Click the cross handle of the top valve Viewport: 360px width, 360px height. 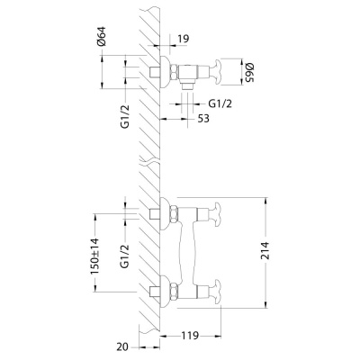(216, 70)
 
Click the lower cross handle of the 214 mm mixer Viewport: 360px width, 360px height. (216, 291)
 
